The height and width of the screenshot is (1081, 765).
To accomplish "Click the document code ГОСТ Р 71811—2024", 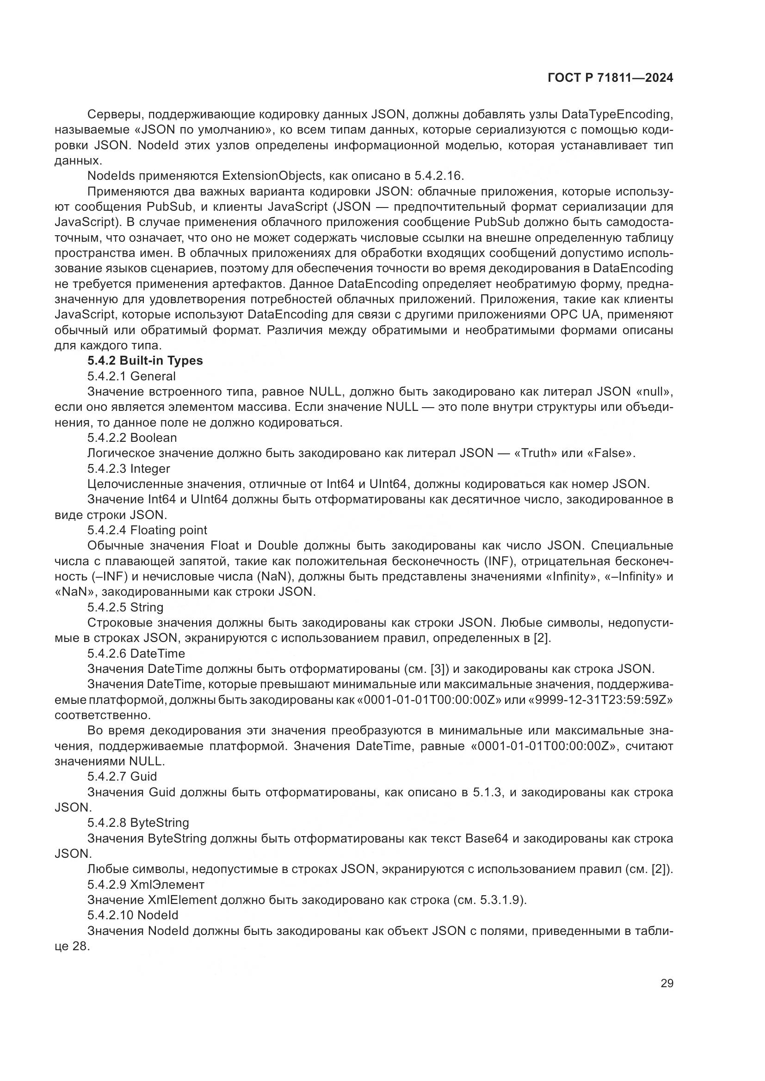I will [611, 78].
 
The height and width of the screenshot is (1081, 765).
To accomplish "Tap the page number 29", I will [666, 983].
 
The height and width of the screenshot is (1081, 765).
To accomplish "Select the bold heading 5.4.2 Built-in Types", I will [145, 360].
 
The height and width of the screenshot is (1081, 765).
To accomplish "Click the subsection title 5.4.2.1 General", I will [131, 376].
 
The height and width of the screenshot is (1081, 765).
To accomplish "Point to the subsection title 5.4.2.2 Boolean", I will [132, 438].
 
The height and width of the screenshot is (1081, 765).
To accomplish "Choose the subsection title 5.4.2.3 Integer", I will [129, 469].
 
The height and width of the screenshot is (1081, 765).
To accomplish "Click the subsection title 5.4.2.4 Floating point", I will [147, 530].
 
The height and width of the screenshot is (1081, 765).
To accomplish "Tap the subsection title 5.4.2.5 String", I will [125, 607].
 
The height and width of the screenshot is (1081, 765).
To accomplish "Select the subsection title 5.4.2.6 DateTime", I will [136, 653].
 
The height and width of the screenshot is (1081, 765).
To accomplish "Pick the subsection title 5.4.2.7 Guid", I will [122, 776].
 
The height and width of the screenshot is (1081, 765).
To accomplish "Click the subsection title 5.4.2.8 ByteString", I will [138, 823].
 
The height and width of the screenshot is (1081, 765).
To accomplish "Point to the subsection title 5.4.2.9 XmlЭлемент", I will [146, 884].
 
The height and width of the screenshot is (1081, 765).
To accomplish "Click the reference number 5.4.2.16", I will [438, 176].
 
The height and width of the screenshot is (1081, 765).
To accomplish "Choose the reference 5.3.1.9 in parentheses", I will [502, 900].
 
